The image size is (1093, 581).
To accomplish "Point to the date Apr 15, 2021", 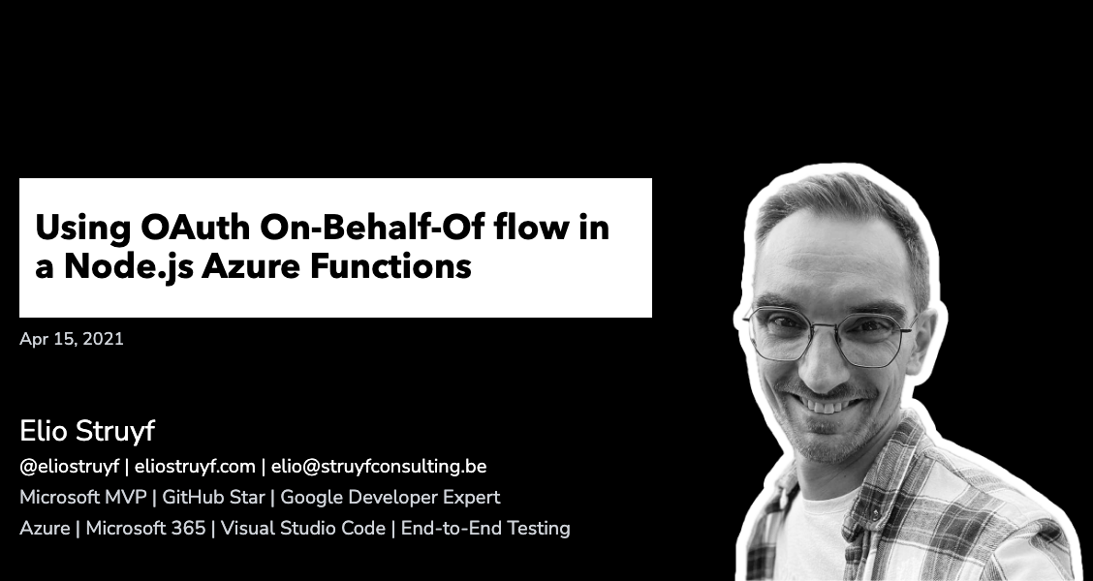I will click(x=72, y=339).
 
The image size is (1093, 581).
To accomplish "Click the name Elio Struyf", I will click(x=87, y=432).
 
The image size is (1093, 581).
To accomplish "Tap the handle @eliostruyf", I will click(x=69, y=467).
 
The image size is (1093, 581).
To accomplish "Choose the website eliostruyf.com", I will click(x=195, y=467).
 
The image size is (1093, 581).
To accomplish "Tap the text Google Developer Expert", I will click(x=390, y=498).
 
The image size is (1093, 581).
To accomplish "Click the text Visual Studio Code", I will click(x=303, y=529).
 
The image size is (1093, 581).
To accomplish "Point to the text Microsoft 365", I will click(x=145, y=529).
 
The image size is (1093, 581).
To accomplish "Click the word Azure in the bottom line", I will click(x=45, y=529).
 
